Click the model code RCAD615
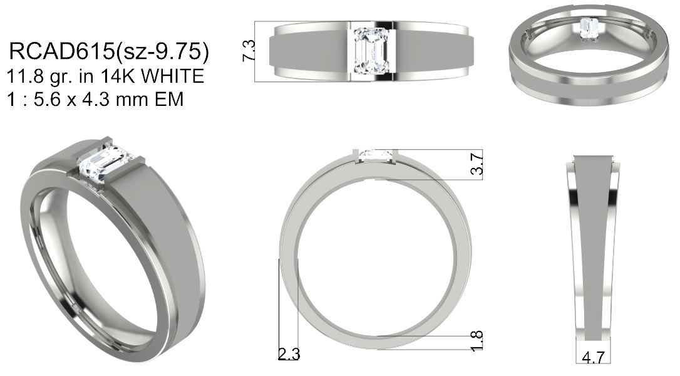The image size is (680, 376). click(61, 51)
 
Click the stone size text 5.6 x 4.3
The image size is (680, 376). click(75, 100)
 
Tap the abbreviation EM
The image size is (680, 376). click(169, 100)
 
